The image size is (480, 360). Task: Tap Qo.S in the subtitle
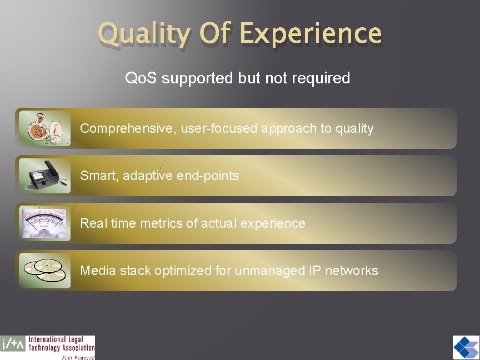point(141,78)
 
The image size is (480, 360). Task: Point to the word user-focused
point(219,129)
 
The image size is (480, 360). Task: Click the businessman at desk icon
point(44,128)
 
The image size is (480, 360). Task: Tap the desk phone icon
point(44,176)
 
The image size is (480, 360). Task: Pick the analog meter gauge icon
point(44,223)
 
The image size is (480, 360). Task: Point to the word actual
point(217,223)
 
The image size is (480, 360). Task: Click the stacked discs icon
point(44,271)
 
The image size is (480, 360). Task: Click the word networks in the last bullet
point(351,271)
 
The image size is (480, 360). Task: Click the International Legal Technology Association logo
point(48,347)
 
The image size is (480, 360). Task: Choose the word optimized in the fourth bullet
point(183,271)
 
